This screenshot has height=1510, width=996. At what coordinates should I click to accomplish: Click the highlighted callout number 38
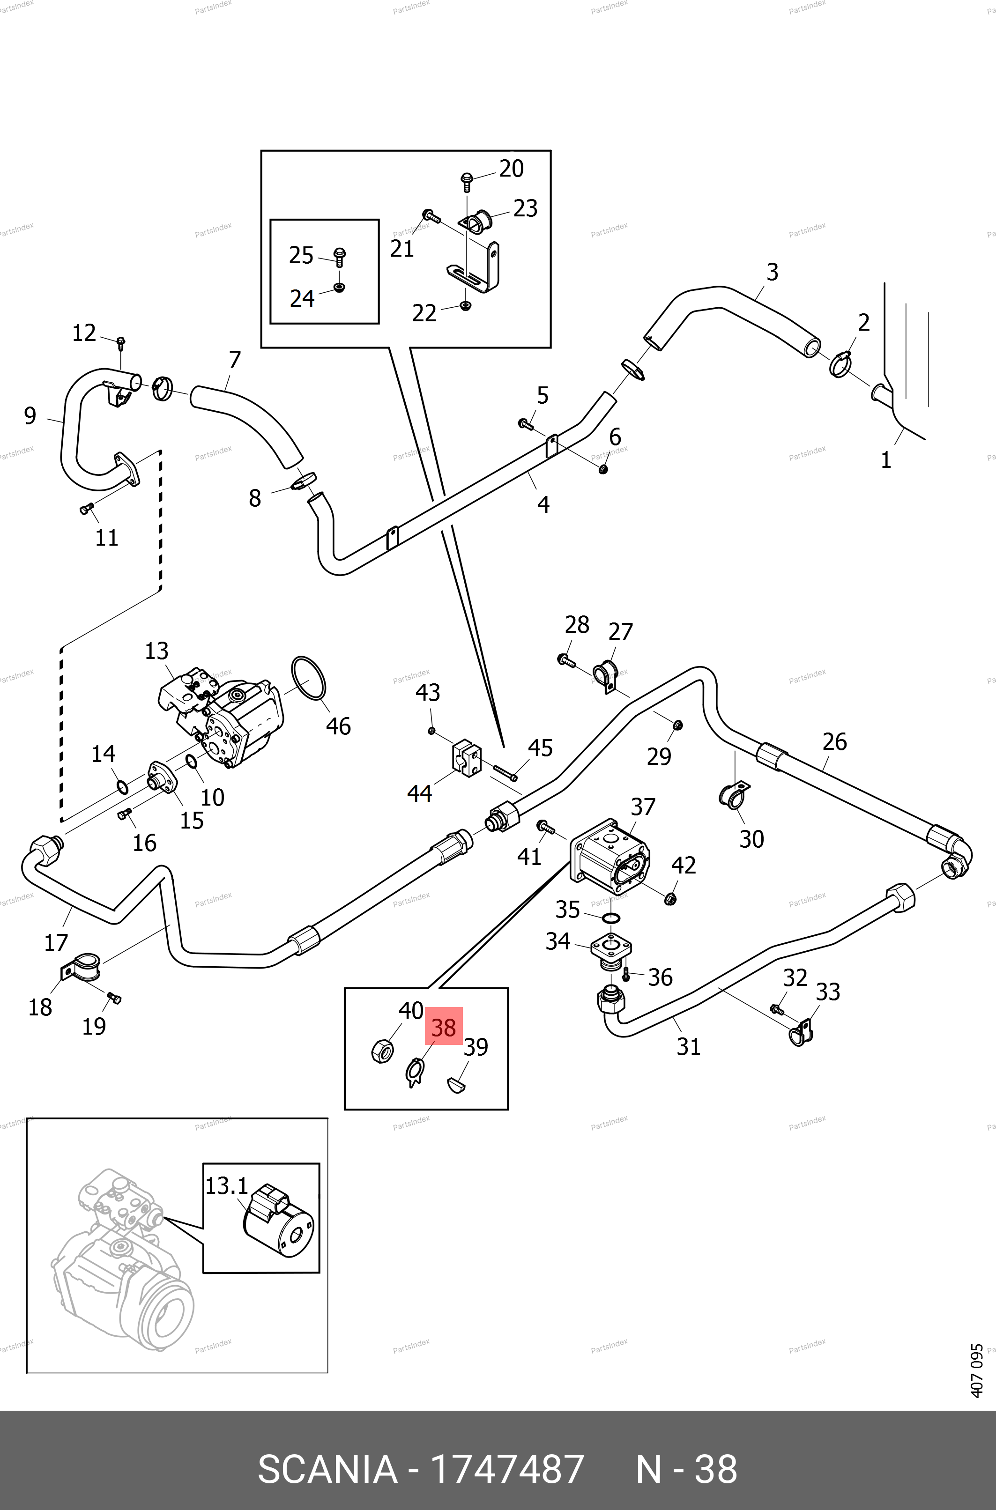point(443,1028)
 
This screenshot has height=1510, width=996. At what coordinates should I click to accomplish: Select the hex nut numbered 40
point(381,1051)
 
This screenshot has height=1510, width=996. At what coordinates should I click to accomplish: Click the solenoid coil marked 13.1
point(278,1220)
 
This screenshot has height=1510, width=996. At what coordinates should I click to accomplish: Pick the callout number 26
point(834,742)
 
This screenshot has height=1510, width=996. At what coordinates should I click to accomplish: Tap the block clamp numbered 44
point(467,757)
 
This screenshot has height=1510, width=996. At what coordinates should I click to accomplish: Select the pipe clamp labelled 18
point(82,967)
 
